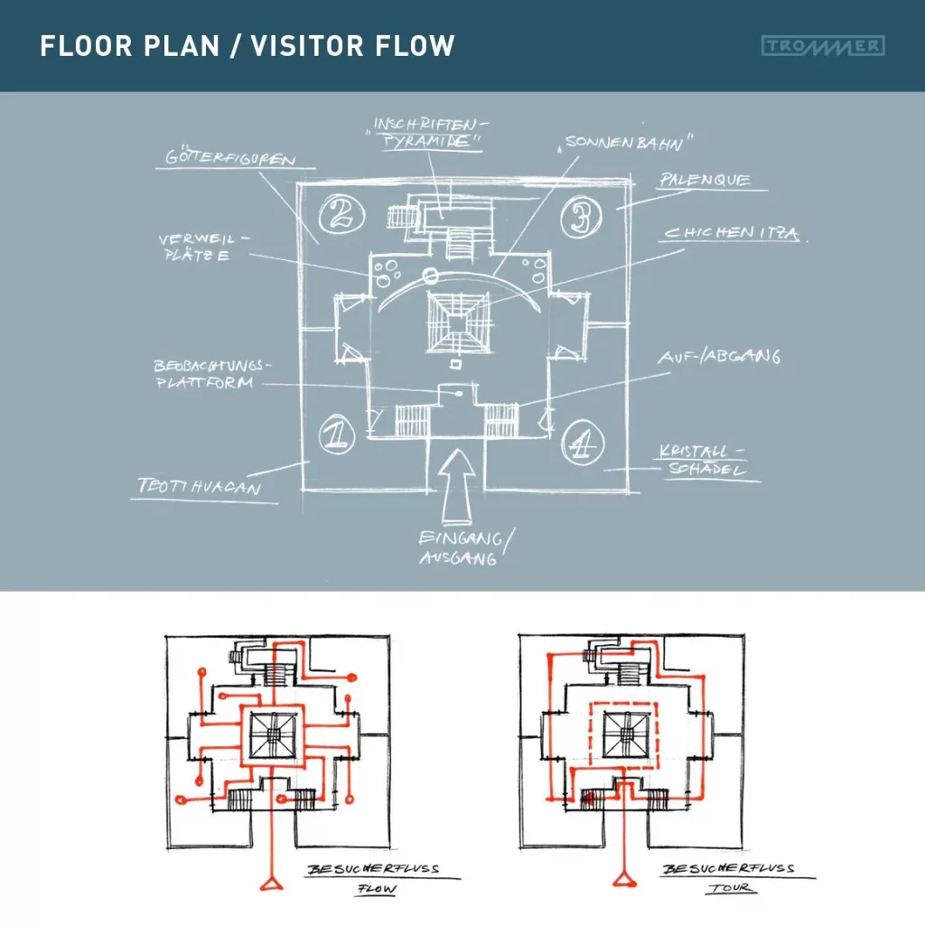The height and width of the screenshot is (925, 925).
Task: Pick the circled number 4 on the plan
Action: pos(582,442)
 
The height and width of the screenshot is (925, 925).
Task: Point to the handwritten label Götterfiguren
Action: pos(232,159)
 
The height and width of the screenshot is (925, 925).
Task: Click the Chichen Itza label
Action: pos(732,234)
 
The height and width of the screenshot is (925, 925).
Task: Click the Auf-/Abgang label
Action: pos(718,358)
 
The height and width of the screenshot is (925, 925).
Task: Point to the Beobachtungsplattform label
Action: pos(210,375)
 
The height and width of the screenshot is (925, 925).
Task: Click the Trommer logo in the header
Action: pos(823,45)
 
